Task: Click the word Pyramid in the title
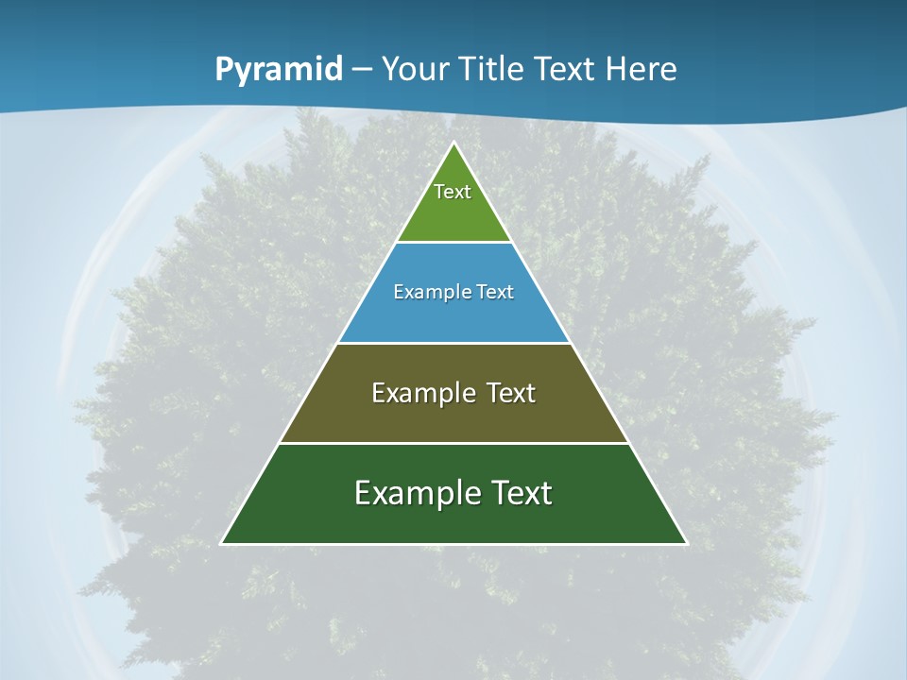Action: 278,70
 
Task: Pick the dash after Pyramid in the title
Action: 362,70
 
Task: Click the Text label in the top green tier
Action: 453,192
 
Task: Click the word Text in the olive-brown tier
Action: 511,393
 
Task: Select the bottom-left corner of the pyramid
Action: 221,543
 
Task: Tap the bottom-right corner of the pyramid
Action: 687,543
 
